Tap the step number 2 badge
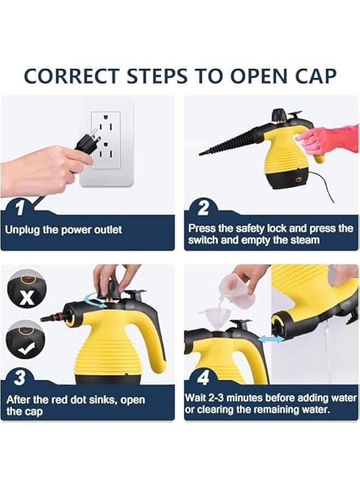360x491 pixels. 202,208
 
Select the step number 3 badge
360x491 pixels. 20,378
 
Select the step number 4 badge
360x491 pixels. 203,378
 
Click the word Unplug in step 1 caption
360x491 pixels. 22,230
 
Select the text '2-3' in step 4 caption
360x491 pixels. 219,398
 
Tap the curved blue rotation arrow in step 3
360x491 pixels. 93,302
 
